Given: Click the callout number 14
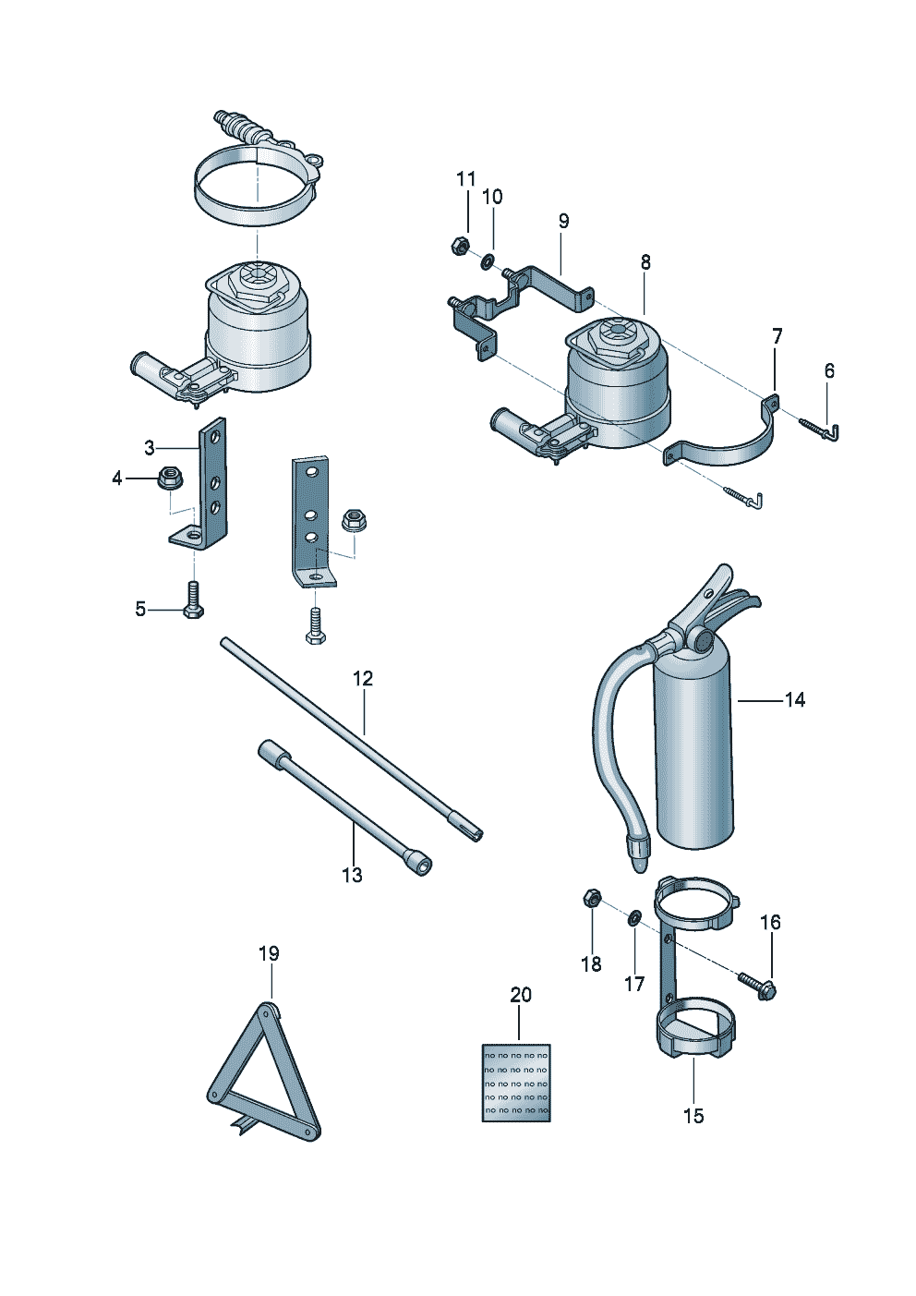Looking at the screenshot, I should (794, 700).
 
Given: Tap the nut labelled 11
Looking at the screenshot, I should (459, 247).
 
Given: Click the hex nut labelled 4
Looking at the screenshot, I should (169, 478).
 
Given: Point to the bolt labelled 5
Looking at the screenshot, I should (193, 600).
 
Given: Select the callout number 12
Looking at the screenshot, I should (363, 679).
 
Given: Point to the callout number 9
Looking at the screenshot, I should (563, 222).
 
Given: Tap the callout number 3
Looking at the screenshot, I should (150, 449).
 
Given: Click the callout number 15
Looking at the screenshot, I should (693, 1116).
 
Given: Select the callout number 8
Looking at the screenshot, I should (645, 262).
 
